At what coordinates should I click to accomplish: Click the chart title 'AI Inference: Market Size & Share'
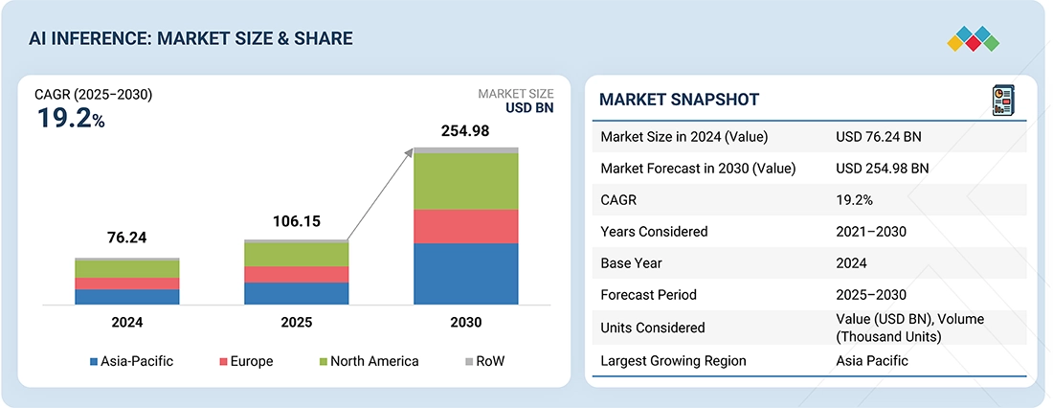coord(191,38)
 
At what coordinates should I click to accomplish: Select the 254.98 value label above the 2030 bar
coord(464,131)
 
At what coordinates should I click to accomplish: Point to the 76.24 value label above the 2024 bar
coord(126,238)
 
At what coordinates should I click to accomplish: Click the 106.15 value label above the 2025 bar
coord(296,221)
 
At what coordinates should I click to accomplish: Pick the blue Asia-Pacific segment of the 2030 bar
coord(465,274)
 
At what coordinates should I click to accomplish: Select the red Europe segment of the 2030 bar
coord(465,226)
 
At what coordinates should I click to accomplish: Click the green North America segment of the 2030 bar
coord(465,181)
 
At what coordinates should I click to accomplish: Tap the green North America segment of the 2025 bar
coord(296,254)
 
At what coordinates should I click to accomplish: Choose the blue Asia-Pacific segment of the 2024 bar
coord(126,297)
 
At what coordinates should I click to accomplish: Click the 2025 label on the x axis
coord(296,323)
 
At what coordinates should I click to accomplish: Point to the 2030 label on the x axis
coord(465,323)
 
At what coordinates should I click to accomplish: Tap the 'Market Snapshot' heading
coord(679,100)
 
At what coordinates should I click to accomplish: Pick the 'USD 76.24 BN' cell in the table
coord(878,137)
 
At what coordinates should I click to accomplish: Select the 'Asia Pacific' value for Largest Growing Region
coord(872,361)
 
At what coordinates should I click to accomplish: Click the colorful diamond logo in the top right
coord(973,39)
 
